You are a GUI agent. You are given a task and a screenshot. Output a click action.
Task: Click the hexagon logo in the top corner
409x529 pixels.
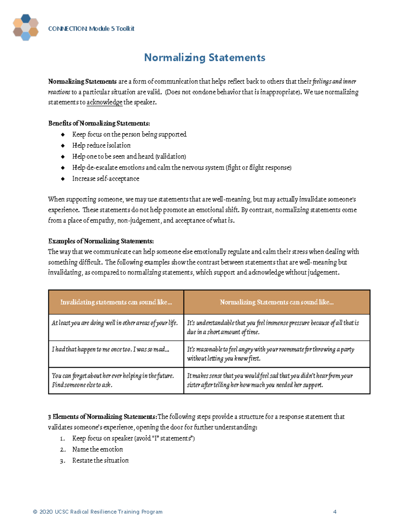(x=26, y=27)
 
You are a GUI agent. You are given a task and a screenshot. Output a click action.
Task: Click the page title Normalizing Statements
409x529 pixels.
(x=204, y=58)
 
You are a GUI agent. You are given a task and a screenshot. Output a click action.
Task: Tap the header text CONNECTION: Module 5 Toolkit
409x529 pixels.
(x=91, y=29)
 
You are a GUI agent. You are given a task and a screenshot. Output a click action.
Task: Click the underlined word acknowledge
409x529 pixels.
(x=104, y=102)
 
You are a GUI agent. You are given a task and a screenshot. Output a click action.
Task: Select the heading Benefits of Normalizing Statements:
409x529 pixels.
(x=99, y=123)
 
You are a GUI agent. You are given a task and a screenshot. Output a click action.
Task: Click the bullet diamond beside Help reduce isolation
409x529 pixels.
(x=63, y=145)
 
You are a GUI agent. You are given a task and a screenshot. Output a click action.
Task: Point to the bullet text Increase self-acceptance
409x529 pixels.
(x=106, y=178)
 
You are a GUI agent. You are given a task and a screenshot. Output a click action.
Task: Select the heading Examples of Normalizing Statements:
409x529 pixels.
(x=101, y=241)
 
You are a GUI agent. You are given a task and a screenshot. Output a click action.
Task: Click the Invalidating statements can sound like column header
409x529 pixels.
(x=116, y=302)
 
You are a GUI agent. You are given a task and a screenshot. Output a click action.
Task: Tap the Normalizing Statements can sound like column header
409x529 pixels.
(x=276, y=302)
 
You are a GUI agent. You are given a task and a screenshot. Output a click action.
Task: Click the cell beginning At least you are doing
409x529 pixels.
(x=115, y=323)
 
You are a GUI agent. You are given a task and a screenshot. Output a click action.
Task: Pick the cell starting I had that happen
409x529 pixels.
(x=110, y=349)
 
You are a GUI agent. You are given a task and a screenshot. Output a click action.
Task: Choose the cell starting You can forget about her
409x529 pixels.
(x=113, y=380)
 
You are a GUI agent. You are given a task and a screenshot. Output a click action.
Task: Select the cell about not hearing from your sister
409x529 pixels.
(x=270, y=380)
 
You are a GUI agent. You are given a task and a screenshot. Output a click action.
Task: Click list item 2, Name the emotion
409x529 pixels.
(x=97, y=449)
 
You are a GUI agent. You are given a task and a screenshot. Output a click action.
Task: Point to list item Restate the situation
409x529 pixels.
(x=100, y=460)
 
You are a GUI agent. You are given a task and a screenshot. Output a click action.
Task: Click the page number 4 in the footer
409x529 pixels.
(x=335, y=512)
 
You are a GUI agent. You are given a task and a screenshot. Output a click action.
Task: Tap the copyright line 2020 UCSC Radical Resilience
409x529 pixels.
(x=98, y=512)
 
